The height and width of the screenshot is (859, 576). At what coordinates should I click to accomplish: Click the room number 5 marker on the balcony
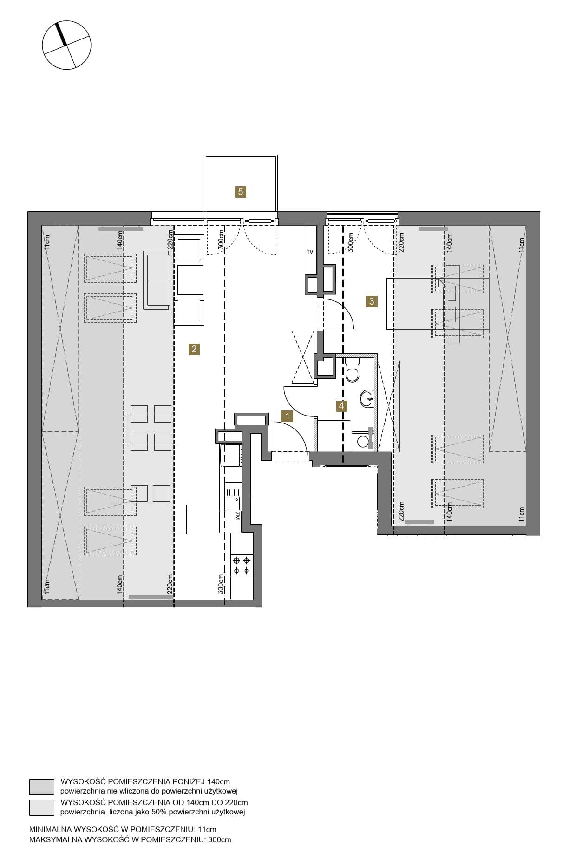[x=240, y=192]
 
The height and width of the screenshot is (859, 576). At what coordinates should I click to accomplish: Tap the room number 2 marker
[x=194, y=349]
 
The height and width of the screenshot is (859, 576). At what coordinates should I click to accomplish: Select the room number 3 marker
[x=372, y=301]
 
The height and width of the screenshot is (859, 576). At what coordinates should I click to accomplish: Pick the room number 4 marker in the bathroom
[x=341, y=406]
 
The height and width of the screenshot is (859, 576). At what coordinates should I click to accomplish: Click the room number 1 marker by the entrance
[x=288, y=416]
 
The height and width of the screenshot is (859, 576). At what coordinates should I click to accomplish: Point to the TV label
[x=310, y=252]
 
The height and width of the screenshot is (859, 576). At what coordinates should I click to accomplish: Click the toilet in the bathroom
[x=353, y=370]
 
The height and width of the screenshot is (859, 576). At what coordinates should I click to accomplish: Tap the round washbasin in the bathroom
[x=367, y=398]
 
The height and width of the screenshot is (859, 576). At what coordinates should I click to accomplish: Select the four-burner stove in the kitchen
[x=242, y=565]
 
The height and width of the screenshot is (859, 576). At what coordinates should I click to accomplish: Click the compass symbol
[x=66, y=45]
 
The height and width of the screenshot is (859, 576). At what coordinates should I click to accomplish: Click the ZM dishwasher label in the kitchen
[x=237, y=515]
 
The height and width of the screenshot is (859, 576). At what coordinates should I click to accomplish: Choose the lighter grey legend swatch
[x=42, y=807]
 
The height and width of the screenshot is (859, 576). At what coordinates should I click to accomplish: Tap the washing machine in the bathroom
[x=362, y=441]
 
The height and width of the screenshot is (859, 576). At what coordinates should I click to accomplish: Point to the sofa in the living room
[x=156, y=280]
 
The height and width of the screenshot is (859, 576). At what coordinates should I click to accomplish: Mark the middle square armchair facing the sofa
[x=190, y=280]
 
